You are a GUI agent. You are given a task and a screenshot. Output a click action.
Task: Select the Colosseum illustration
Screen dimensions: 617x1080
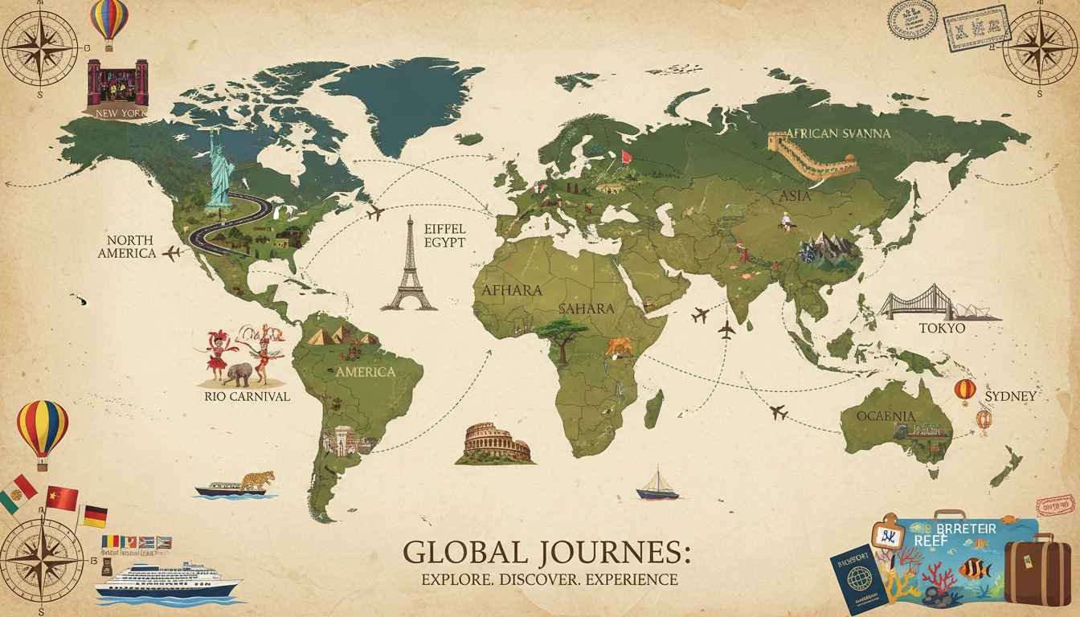pyautogui.click(x=495, y=444)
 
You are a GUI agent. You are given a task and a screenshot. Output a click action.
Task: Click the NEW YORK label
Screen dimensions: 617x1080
pyautogui.click(x=121, y=113)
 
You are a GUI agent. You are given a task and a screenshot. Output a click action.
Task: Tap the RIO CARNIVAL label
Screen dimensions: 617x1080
pyautogui.click(x=247, y=396)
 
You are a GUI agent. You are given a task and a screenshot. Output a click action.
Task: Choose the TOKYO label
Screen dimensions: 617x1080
pyautogui.click(x=942, y=329)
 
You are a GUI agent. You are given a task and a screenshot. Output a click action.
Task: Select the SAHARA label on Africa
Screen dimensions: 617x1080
pyautogui.click(x=586, y=308)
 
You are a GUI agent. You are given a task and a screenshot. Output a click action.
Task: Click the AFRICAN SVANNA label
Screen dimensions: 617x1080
pyautogui.click(x=838, y=133)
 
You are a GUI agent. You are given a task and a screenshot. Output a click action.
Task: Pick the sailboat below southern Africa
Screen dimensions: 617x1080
pyautogui.click(x=657, y=484)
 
